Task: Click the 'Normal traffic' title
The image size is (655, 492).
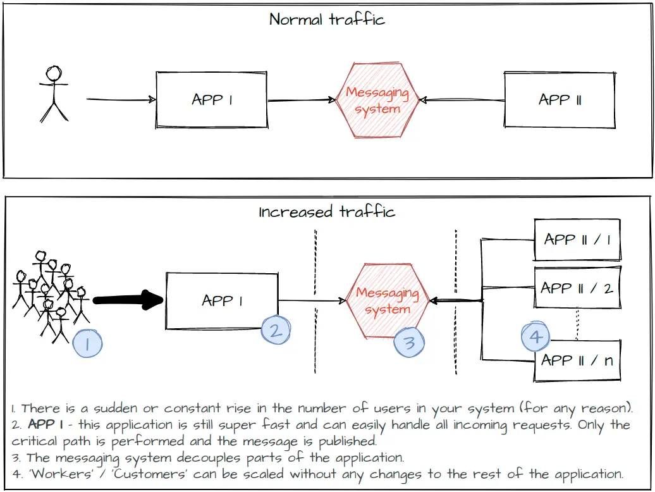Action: click(x=327, y=19)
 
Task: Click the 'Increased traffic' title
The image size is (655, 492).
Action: click(x=327, y=211)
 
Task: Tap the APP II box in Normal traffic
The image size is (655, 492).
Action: click(x=559, y=99)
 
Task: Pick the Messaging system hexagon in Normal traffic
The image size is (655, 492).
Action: click(x=377, y=101)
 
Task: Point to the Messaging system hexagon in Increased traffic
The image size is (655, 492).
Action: click(x=388, y=300)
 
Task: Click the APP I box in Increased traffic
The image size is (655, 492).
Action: click(x=222, y=300)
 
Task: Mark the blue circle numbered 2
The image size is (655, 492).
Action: click(x=276, y=329)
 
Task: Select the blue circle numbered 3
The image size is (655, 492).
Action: click(x=409, y=342)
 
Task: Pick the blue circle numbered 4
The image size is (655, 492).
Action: click(x=536, y=336)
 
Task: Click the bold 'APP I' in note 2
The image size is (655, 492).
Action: click(x=42, y=424)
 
